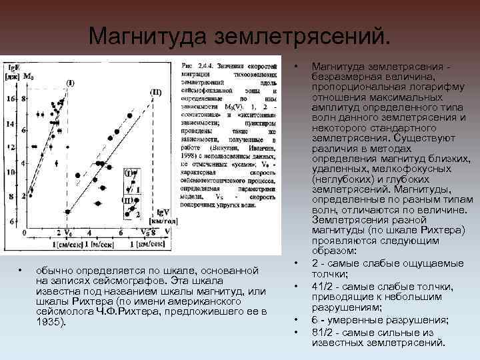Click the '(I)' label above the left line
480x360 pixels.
click(70, 83)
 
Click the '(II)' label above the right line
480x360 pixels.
click(155, 91)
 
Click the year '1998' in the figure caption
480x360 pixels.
click(190, 154)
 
